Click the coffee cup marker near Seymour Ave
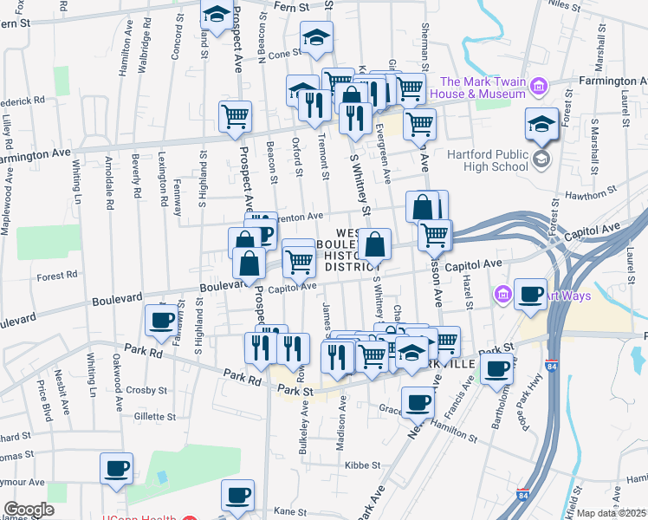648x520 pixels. (x=116, y=470)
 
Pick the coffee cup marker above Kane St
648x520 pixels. (x=237, y=497)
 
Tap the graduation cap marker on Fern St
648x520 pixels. (x=216, y=15)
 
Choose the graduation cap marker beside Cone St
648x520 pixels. (x=316, y=38)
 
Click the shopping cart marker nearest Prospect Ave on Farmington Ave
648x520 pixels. (x=235, y=116)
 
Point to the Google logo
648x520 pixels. (x=29, y=510)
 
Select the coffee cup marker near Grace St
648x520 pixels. (x=418, y=402)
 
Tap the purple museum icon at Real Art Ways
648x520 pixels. (x=502, y=296)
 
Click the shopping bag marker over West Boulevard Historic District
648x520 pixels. (x=375, y=245)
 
